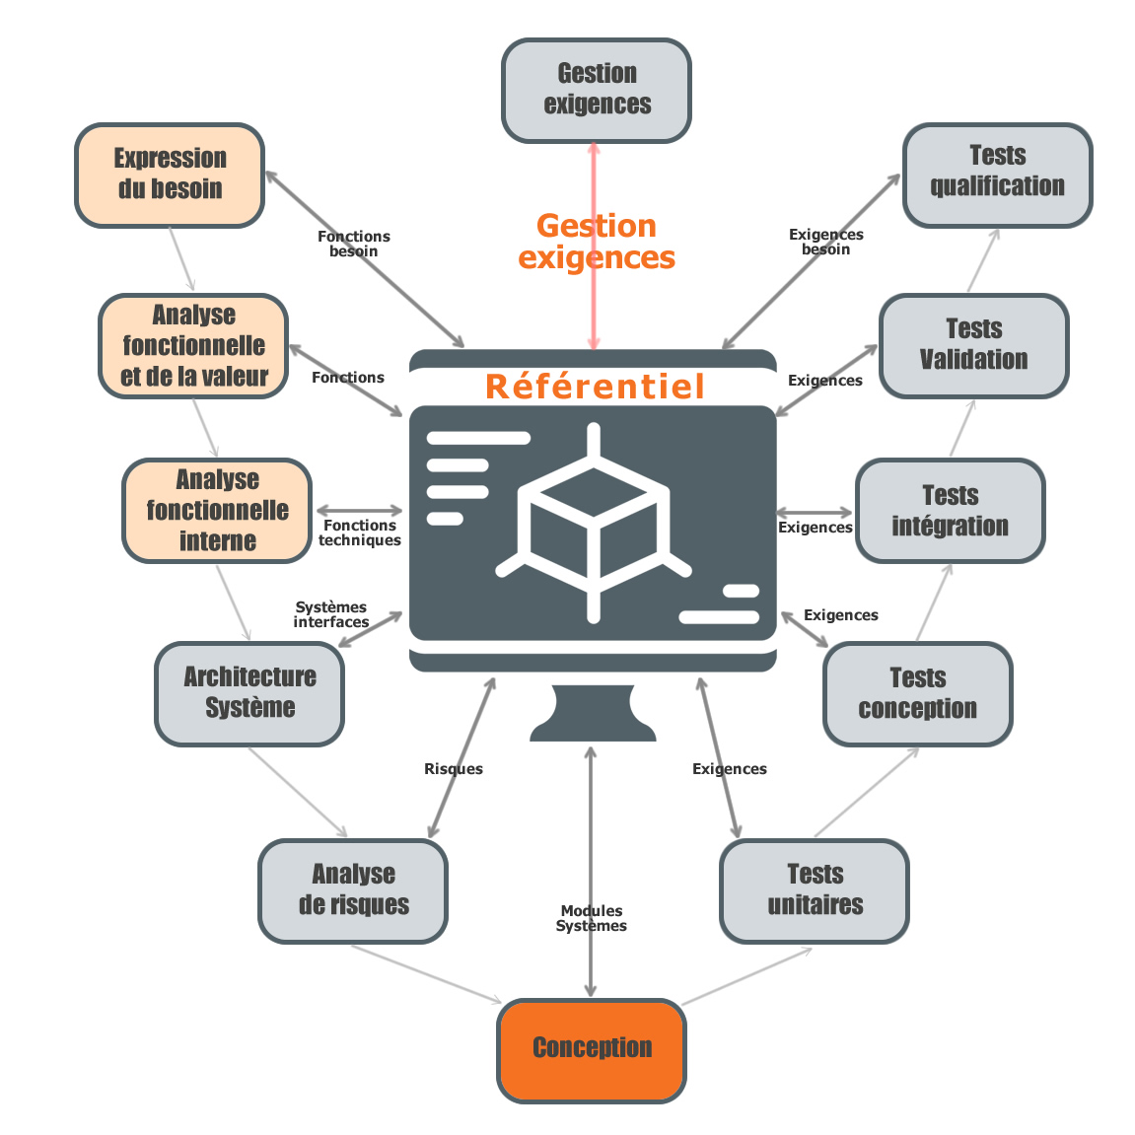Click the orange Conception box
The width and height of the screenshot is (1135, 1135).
[x=591, y=1049]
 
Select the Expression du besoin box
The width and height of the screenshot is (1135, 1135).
[x=170, y=175]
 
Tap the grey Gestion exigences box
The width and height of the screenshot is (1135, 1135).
[x=596, y=90]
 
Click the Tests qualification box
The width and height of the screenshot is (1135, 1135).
[x=997, y=174]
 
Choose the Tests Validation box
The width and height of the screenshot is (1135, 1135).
[x=973, y=345]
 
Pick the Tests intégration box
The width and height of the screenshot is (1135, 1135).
[x=950, y=510]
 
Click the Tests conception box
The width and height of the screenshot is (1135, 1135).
[x=917, y=693]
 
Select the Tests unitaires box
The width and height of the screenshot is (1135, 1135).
[x=815, y=890]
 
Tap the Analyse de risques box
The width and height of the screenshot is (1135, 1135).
[x=353, y=890]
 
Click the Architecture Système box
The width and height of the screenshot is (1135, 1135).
[x=249, y=693]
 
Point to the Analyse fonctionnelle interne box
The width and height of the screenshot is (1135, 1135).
[x=217, y=510]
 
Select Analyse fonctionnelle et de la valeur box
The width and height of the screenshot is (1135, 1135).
[x=193, y=345]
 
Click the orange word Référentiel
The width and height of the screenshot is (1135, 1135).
[x=595, y=386]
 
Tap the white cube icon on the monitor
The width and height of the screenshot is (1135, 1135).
[x=593, y=521]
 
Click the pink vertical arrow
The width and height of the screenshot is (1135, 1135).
[x=594, y=296]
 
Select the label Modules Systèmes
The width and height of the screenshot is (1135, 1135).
[x=591, y=918]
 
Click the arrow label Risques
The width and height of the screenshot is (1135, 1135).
[x=453, y=769]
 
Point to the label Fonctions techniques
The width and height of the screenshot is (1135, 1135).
[x=359, y=532]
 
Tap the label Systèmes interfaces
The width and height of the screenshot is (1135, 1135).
[x=330, y=614]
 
